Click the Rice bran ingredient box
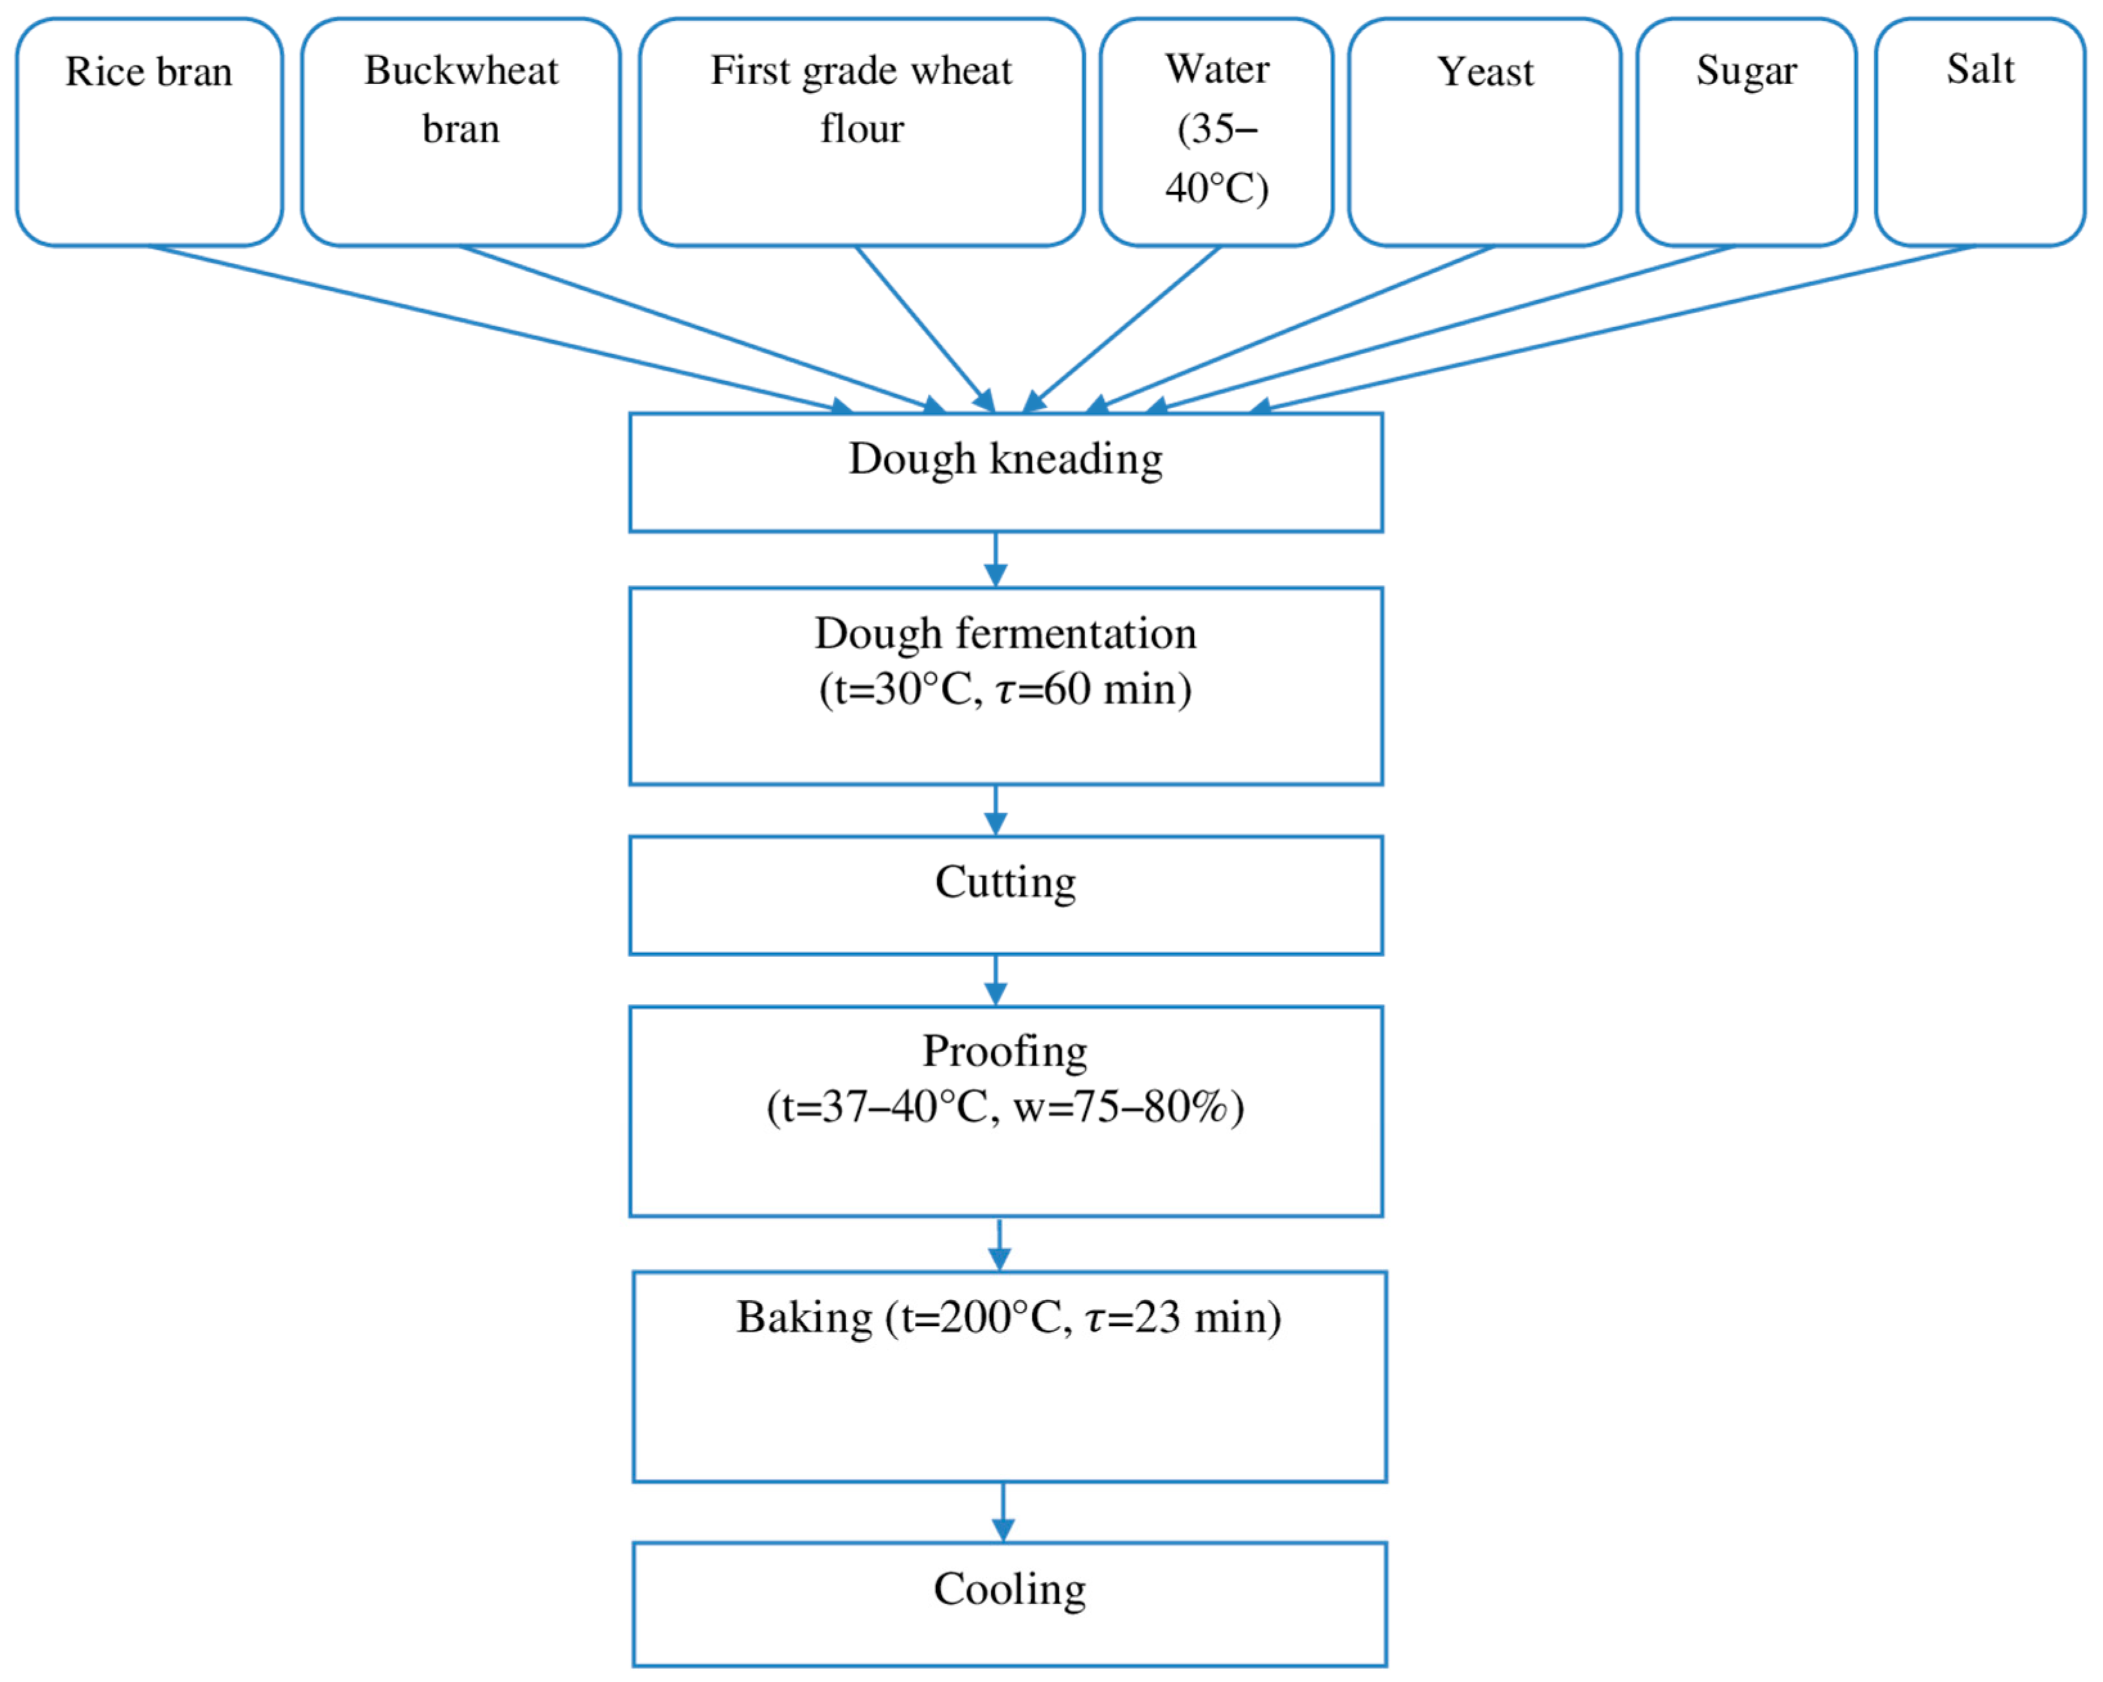click(x=149, y=132)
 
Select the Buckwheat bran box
click(x=461, y=132)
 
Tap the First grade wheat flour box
click(x=861, y=132)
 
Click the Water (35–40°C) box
click(x=1216, y=132)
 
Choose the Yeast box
click(x=1485, y=132)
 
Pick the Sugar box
click(x=1746, y=132)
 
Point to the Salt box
click(x=1979, y=132)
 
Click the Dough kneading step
click(x=1006, y=472)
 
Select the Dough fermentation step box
click(x=1006, y=686)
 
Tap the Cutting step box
click(x=1006, y=895)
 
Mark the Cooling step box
click(x=1009, y=1603)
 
